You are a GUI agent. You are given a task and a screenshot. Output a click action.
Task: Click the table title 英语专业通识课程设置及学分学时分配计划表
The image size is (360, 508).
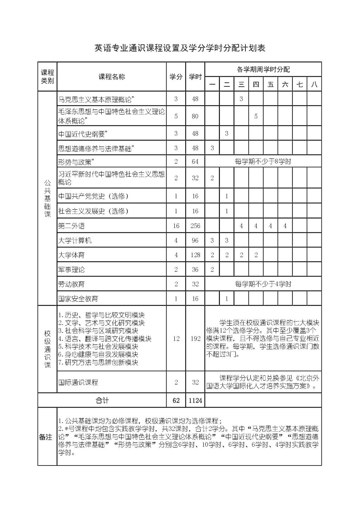180,48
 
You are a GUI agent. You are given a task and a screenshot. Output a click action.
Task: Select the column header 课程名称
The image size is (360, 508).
111,77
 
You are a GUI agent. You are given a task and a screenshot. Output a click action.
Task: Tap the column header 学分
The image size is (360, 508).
176,77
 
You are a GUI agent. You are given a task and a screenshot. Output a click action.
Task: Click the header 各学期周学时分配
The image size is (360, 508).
263,69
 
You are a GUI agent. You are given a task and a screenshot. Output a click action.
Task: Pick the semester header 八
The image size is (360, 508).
314,84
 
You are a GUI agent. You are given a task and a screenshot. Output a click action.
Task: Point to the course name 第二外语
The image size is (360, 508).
71,226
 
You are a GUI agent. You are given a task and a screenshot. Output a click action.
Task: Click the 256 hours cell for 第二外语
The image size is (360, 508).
195,226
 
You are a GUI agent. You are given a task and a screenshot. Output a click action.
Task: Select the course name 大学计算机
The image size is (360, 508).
75,241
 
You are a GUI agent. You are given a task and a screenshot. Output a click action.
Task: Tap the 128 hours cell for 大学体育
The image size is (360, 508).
195,255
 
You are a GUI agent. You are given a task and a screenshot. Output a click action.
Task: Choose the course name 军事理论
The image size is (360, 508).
71,270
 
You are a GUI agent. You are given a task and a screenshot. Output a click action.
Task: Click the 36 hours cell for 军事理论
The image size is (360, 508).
195,270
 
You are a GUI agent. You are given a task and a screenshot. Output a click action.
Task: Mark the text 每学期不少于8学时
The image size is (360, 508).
263,162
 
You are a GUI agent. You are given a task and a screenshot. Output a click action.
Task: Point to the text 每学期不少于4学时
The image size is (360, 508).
263,284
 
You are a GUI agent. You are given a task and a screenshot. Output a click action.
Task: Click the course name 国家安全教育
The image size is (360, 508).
78,299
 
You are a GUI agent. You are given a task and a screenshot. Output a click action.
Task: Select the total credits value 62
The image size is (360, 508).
176,400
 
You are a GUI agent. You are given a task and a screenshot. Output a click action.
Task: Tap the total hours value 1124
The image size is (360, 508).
195,400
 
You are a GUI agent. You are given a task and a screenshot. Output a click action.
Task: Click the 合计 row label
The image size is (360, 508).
102,400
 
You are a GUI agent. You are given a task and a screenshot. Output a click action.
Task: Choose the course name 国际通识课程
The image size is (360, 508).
78,383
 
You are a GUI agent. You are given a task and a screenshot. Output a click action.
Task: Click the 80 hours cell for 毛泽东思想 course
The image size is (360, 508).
195,116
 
